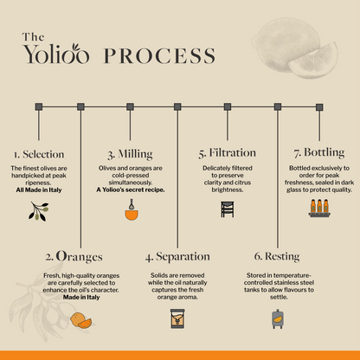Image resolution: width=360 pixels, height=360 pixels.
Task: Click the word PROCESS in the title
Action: [x=159, y=55]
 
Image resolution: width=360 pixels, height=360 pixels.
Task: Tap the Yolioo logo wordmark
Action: [x=56, y=54]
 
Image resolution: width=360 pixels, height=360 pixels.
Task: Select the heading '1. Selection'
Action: [x=39, y=154]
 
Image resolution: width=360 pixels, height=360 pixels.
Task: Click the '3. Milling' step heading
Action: [x=130, y=154]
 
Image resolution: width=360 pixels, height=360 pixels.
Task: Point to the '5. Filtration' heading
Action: [x=228, y=153]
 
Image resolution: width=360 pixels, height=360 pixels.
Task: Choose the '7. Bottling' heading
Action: [x=319, y=152]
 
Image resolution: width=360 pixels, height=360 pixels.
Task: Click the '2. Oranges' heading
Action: [x=74, y=256]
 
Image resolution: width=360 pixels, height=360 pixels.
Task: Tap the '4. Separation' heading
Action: [x=177, y=257]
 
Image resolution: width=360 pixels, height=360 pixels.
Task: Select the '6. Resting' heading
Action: [x=277, y=256]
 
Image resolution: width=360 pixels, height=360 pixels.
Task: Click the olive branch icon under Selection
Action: [x=39, y=211]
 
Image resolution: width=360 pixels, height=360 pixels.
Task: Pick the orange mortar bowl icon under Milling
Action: [x=132, y=210]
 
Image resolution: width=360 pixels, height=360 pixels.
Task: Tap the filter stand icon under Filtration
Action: [x=228, y=209]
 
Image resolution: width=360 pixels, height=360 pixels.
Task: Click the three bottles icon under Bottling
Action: [x=319, y=208]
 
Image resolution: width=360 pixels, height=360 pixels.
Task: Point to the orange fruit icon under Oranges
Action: [x=80, y=320]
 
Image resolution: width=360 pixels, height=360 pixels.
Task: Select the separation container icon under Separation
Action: [x=177, y=318]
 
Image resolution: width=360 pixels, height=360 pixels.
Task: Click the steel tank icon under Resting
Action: [x=278, y=318]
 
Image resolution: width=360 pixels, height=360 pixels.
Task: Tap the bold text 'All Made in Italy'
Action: [x=39, y=190]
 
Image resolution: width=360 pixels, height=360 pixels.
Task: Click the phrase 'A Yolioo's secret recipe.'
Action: [x=131, y=190]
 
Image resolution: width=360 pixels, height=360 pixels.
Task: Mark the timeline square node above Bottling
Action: [x=319, y=107]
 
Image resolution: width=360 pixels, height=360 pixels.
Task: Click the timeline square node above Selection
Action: [x=39, y=106]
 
